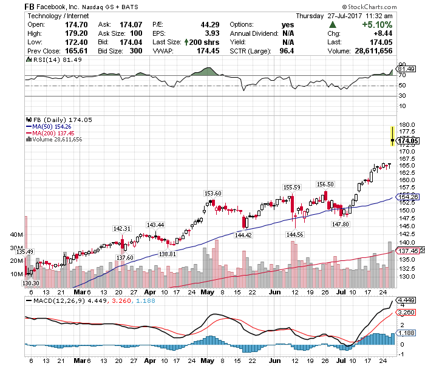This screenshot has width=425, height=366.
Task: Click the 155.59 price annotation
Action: (292, 188)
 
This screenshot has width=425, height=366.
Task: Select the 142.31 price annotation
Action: (122, 228)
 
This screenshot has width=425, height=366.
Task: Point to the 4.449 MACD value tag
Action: (406, 300)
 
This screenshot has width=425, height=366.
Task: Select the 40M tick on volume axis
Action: (16, 234)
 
